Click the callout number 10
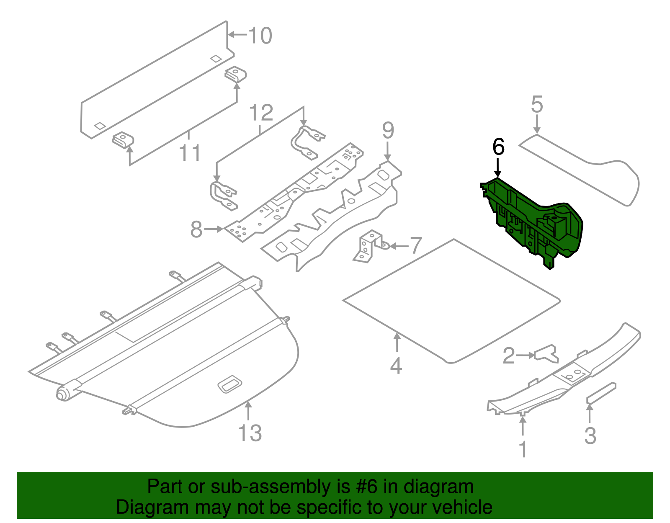pyautogui.click(x=260, y=36)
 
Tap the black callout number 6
pyautogui.click(x=498, y=147)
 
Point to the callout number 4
pyautogui.click(x=396, y=366)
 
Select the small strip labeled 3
pyautogui.click(x=601, y=393)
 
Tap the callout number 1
pyautogui.click(x=523, y=449)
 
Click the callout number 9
pyautogui.click(x=388, y=131)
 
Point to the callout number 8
pyautogui.click(x=196, y=229)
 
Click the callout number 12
pyautogui.click(x=261, y=113)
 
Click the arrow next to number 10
pyautogui.click(x=237, y=35)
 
